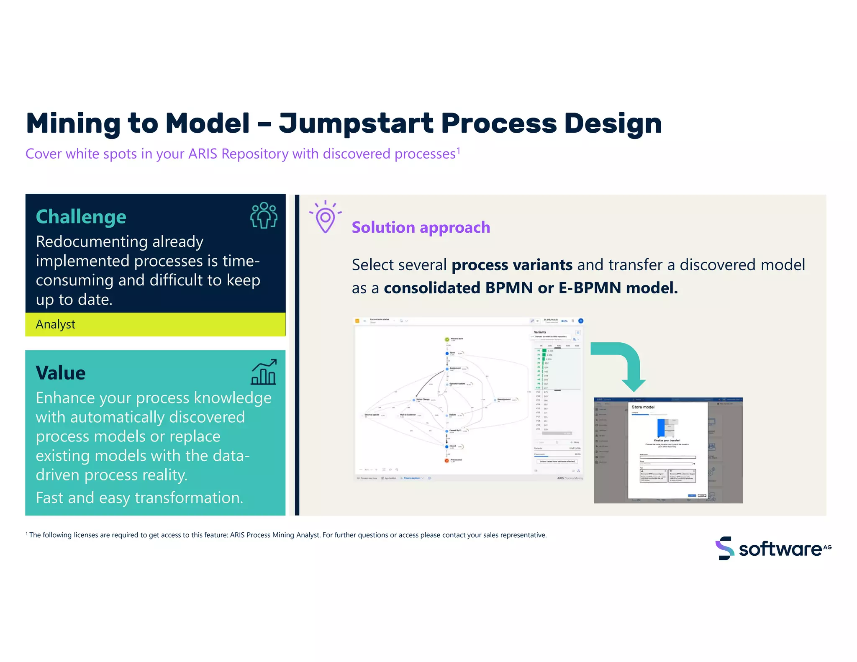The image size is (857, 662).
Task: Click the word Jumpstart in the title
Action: tap(356, 124)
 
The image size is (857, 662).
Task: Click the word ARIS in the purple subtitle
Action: tap(203, 154)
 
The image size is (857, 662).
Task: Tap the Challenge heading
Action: tap(81, 217)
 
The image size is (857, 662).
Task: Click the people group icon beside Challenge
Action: tap(264, 215)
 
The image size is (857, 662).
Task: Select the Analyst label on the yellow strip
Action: tap(56, 324)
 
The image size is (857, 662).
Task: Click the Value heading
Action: tap(61, 373)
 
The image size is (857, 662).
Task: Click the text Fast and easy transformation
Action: tap(139, 498)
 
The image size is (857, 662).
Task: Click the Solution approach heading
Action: tap(421, 227)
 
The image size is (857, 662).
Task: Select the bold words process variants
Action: tap(512, 265)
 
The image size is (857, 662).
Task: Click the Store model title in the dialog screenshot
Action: tap(643, 407)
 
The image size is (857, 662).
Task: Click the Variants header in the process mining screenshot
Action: tap(540, 332)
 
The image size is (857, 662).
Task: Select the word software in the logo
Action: tap(780, 549)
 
